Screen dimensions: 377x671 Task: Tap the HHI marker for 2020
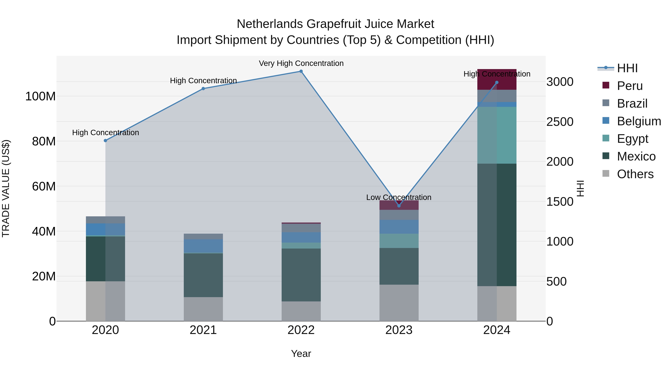(105, 141)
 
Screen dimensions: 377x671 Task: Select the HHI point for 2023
(399, 206)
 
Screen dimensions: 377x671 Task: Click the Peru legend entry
(630, 86)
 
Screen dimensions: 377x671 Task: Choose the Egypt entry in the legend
(632, 139)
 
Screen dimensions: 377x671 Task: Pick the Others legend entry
(635, 174)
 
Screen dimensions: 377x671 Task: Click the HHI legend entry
(627, 68)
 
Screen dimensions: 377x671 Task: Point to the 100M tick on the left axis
(40, 96)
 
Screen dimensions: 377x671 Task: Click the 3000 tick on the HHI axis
(560, 82)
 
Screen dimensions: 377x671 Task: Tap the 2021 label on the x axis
(203, 330)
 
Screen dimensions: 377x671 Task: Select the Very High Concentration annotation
(301, 63)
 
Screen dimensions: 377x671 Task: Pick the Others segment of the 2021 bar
(203, 309)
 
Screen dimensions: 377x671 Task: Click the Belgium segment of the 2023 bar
(399, 227)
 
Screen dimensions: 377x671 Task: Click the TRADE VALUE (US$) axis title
(6, 188)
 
